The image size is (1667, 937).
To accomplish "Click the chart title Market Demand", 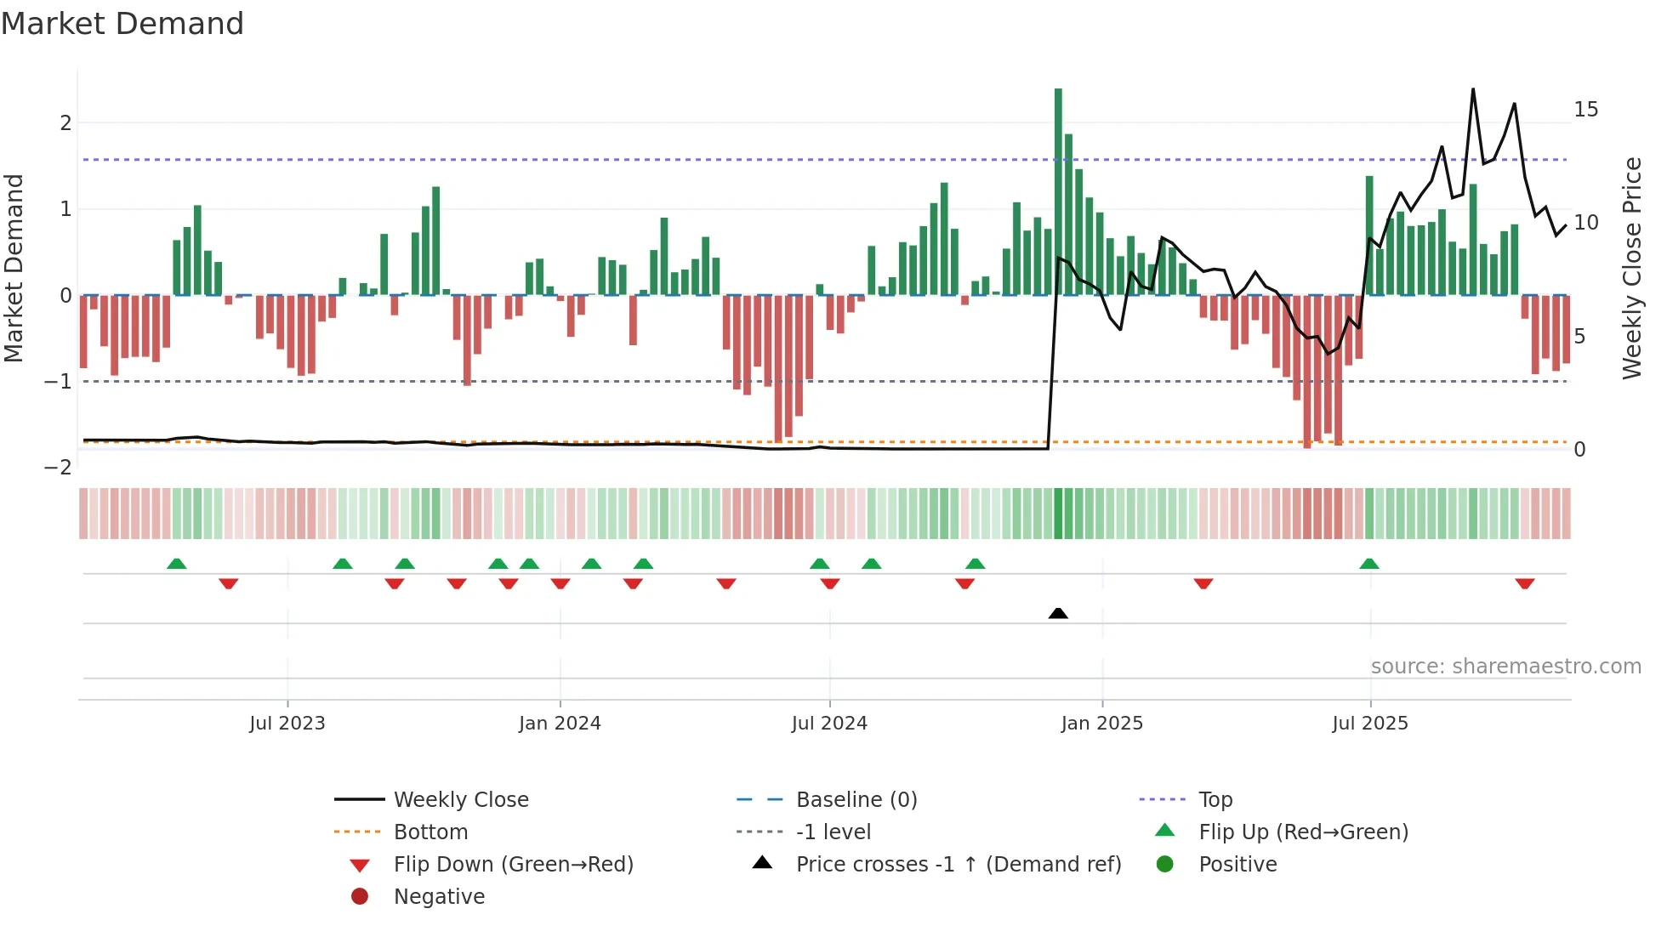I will (122, 24).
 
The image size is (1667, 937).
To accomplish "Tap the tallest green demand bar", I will (1058, 191).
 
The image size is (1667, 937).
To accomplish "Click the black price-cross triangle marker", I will (1058, 613).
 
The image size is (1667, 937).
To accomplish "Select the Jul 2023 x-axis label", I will (287, 723).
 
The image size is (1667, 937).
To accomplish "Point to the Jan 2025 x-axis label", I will (1102, 723).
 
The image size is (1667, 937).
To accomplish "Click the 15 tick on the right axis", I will (1585, 110).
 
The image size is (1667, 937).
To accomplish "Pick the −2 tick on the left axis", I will (58, 468).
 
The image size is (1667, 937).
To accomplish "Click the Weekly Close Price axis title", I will (1631, 268).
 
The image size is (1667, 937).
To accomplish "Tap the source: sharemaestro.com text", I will (1505, 666).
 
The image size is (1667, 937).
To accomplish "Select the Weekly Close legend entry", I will (460, 799).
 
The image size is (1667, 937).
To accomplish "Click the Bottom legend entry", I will (430, 832).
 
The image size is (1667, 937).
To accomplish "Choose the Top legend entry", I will (1215, 799).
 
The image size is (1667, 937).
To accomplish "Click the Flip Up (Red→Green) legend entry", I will (1303, 832).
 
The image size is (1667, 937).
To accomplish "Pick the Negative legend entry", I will (439, 896).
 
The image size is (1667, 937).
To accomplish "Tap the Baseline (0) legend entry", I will (856, 799).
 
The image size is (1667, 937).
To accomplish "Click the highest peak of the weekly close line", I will (1473, 89).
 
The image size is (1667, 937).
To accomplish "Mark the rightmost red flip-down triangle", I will (1524, 583).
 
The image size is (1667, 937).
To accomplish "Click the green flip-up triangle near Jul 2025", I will (1369, 564).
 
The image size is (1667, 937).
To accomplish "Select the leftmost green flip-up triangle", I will (176, 564).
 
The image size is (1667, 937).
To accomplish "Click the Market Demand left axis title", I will (14, 268).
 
